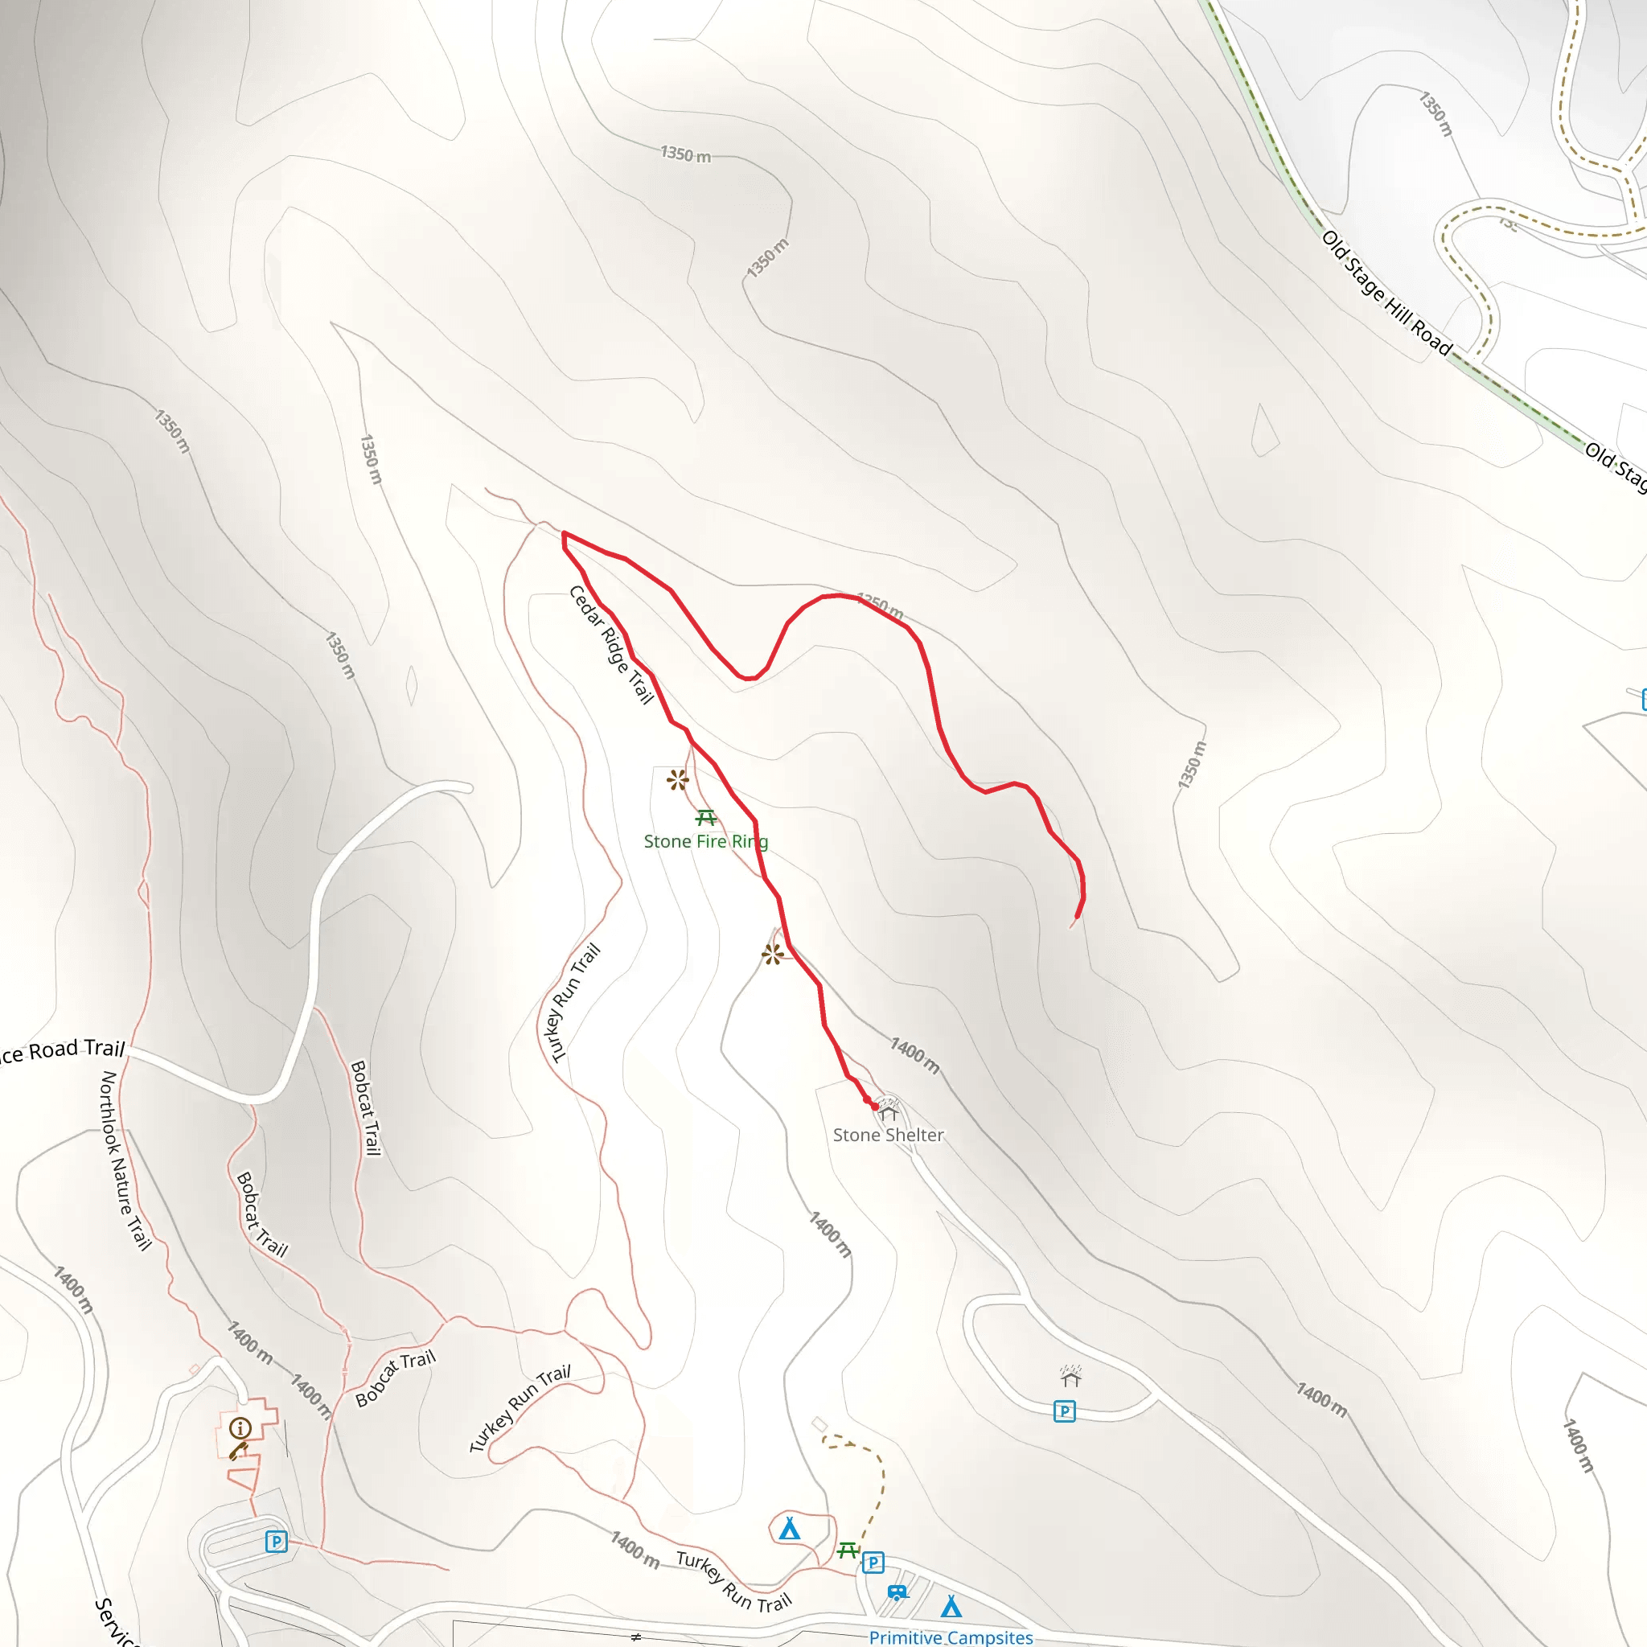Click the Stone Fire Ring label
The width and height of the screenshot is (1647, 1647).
coord(705,841)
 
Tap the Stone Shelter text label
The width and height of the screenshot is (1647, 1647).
coord(888,1135)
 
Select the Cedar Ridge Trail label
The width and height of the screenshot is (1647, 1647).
coord(610,644)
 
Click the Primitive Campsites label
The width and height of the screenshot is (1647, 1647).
coord(951,1637)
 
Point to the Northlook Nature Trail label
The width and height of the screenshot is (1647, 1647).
coord(125,1160)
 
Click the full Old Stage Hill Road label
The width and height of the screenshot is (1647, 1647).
coord(1386,293)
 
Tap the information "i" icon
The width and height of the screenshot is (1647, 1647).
coord(240,1428)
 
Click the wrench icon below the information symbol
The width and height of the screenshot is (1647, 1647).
coord(238,1450)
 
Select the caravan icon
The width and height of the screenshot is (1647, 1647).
coord(897,1592)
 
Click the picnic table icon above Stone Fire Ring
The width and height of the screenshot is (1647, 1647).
coord(705,818)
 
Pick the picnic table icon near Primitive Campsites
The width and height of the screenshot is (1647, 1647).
coord(848,1550)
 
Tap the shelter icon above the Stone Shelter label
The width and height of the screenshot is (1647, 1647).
coord(889,1111)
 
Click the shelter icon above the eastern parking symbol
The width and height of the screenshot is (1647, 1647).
coord(1070,1377)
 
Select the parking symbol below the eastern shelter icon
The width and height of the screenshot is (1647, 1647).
coord(1064,1411)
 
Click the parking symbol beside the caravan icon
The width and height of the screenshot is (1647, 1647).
coord(872,1563)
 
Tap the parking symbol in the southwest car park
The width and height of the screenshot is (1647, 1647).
coord(275,1542)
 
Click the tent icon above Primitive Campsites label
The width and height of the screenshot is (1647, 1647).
coord(951,1607)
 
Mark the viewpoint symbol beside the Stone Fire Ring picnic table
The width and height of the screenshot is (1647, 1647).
coord(678,779)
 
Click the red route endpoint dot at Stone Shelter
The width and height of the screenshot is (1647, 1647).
coord(875,1107)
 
